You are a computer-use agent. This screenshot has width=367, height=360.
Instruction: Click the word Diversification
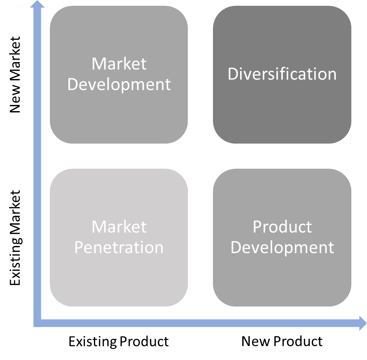[x=282, y=74]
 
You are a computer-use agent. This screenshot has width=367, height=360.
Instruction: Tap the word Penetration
[x=119, y=247]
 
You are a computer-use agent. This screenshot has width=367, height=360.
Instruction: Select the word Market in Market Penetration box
[x=119, y=227]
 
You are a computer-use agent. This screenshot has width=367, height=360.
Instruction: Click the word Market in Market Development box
[x=119, y=64]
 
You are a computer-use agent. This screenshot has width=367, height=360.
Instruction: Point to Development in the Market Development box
[x=119, y=85]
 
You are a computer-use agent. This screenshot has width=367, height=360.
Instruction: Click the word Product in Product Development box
[x=282, y=227]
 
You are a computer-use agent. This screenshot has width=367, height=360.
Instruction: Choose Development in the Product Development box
[x=282, y=248]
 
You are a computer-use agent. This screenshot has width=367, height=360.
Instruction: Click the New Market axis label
[x=15, y=74]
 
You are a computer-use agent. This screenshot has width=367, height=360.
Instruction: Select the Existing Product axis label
[x=119, y=342]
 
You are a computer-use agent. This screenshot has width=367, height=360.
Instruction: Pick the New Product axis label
[x=282, y=341]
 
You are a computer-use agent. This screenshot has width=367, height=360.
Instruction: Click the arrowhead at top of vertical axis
[x=37, y=4]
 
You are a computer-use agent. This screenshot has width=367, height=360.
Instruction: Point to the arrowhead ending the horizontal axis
[x=363, y=323]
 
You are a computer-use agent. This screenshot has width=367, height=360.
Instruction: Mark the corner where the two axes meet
[x=37, y=323]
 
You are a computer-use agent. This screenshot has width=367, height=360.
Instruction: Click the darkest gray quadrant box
[x=282, y=74]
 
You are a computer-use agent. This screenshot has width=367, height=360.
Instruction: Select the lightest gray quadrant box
[x=119, y=237]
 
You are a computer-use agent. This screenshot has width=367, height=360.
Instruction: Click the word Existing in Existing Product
[x=93, y=342]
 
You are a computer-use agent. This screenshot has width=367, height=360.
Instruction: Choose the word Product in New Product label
[x=298, y=341]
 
